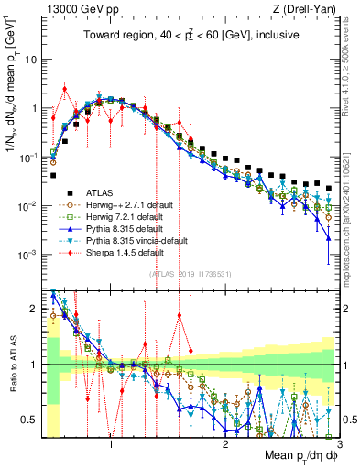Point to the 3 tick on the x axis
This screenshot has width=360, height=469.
[x=339, y=444]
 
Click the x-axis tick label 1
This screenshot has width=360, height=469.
[x=111, y=444]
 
